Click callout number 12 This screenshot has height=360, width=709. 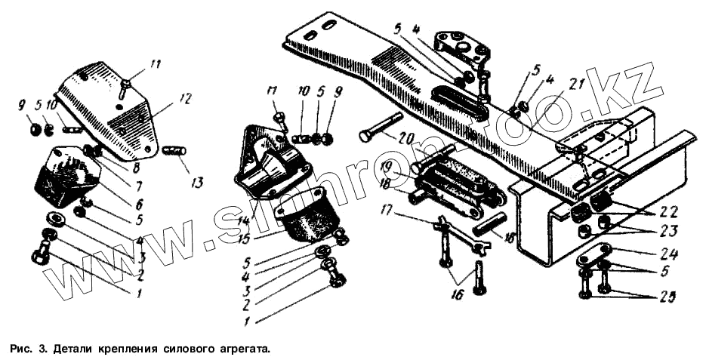(x=186, y=98)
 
